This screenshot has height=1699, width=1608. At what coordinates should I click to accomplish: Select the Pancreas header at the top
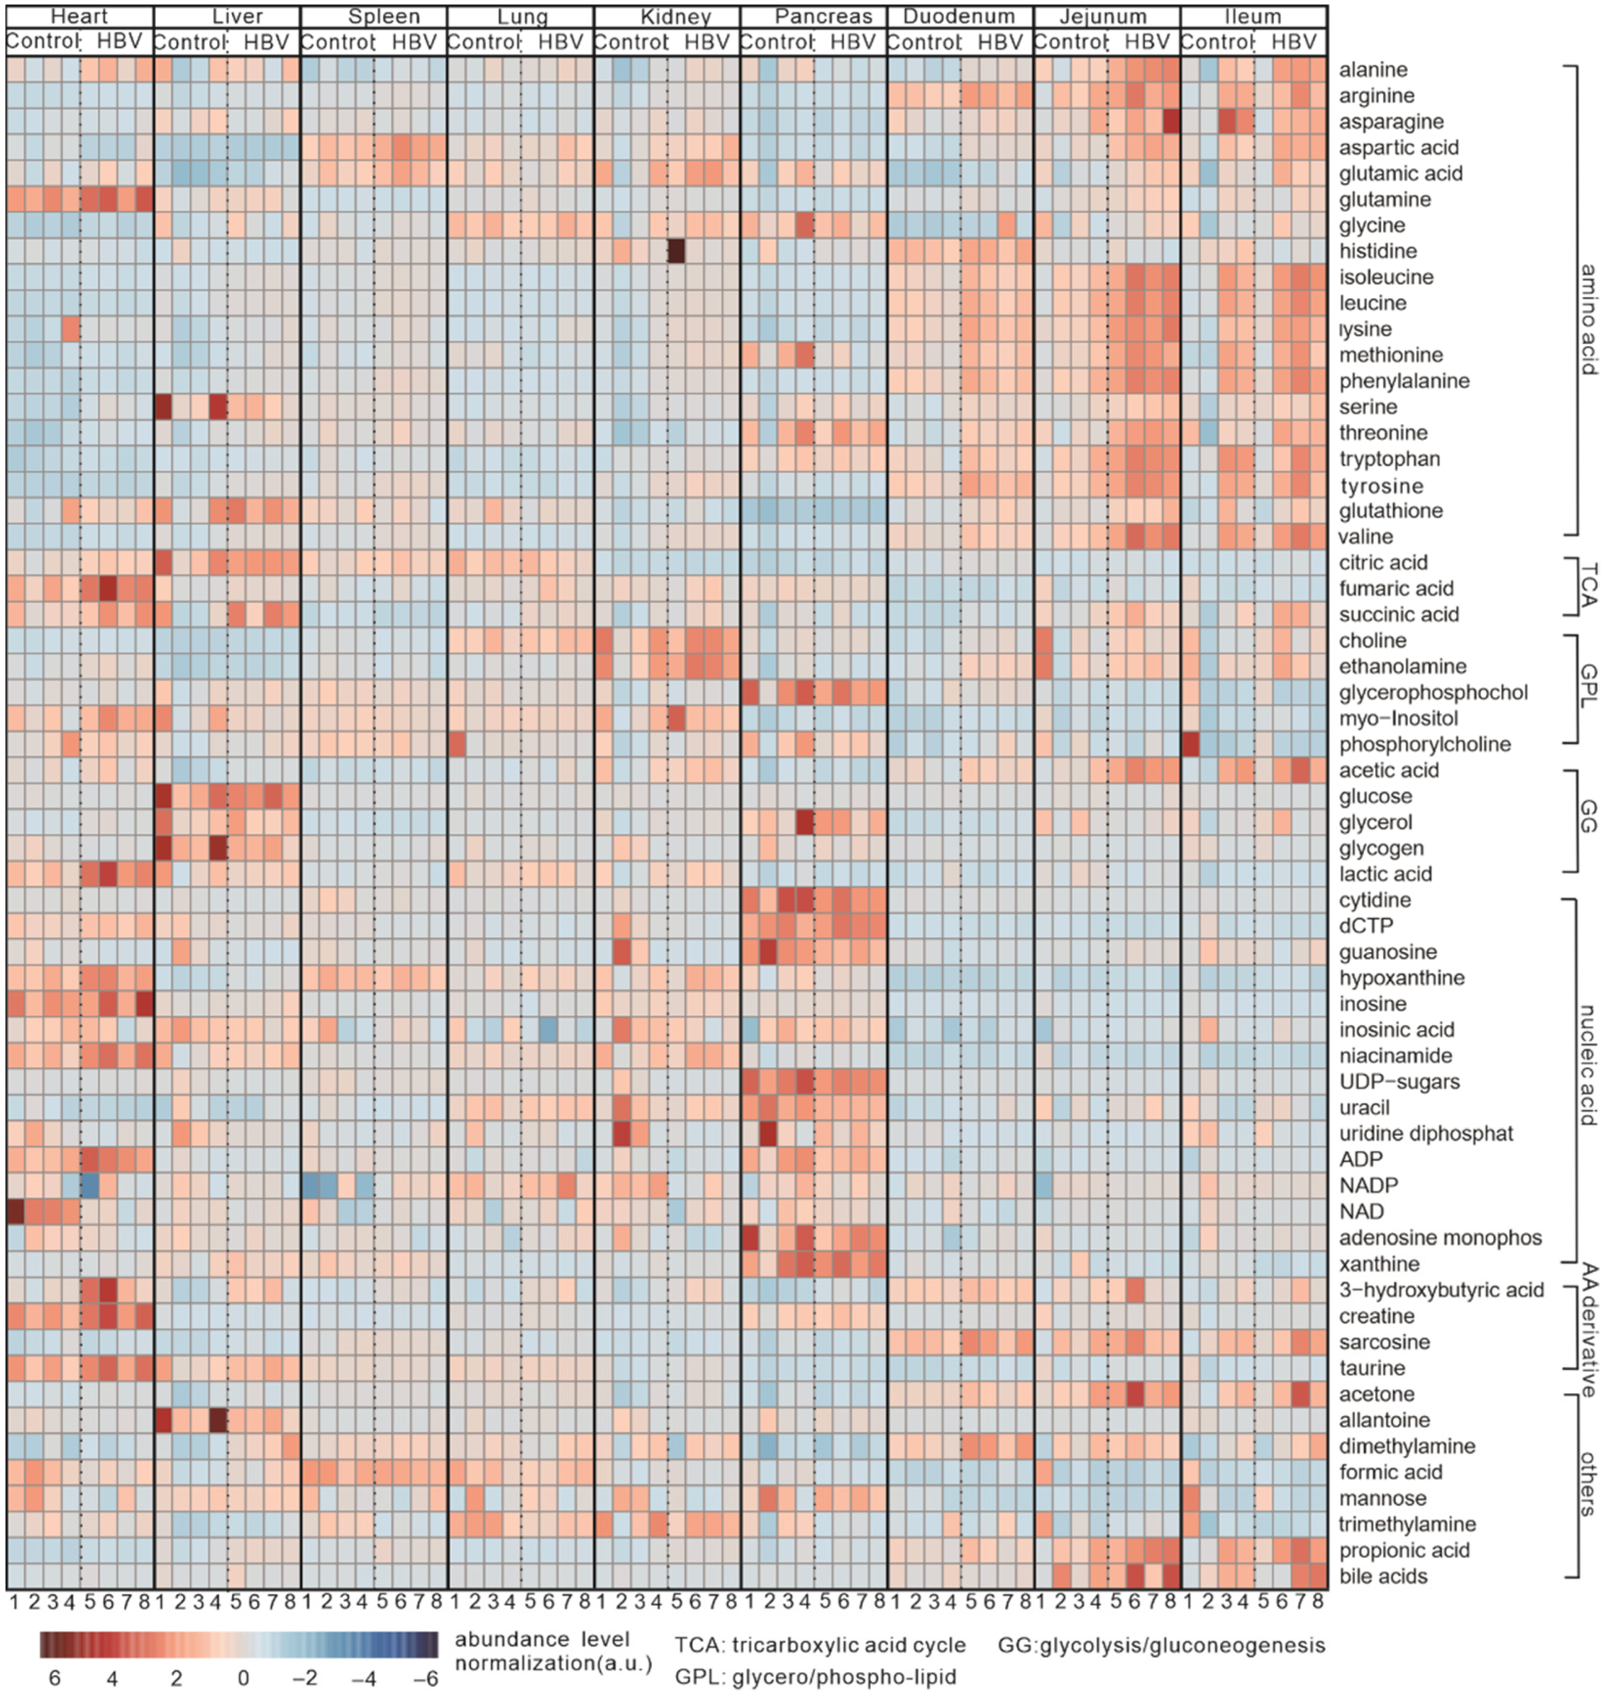click(x=823, y=16)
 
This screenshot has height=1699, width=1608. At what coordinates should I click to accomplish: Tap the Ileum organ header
click(x=1253, y=16)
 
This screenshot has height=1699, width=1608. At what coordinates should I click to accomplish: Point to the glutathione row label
click(x=1390, y=511)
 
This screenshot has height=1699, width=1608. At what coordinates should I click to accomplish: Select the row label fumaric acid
click(x=1396, y=589)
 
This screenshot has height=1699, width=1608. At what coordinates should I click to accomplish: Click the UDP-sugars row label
click(x=1399, y=1082)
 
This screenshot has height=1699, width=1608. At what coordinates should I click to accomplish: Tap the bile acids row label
click(x=1383, y=1576)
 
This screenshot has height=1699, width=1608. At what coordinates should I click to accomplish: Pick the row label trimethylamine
click(x=1407, y=1524)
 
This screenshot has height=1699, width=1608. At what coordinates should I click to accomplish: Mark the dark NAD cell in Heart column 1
click(x=15, y=1211)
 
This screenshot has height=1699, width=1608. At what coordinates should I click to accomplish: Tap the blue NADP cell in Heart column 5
click(x=88, y=1186)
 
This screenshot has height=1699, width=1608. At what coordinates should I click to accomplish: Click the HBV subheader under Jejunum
click(x=1147, y=41)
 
